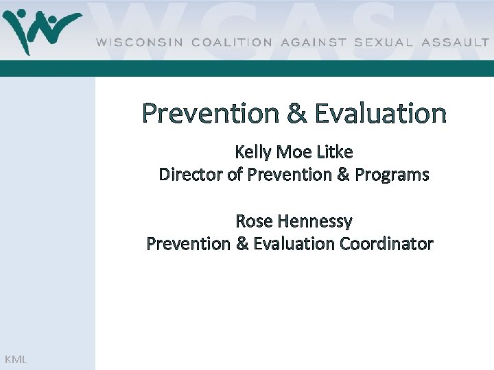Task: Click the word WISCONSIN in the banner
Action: point(139,42)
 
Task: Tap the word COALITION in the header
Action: point(232,42)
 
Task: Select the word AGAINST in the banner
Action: point(313,42)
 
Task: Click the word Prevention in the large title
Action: point(210,113)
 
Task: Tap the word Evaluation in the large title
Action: point(380,113)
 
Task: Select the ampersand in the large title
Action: point(296,114)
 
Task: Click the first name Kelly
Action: point(253,152)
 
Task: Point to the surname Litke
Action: point(334,152)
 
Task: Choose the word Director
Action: point(190,175)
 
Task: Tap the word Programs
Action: point(392,175)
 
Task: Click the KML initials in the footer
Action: point(15,359)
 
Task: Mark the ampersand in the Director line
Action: point(343,175)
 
